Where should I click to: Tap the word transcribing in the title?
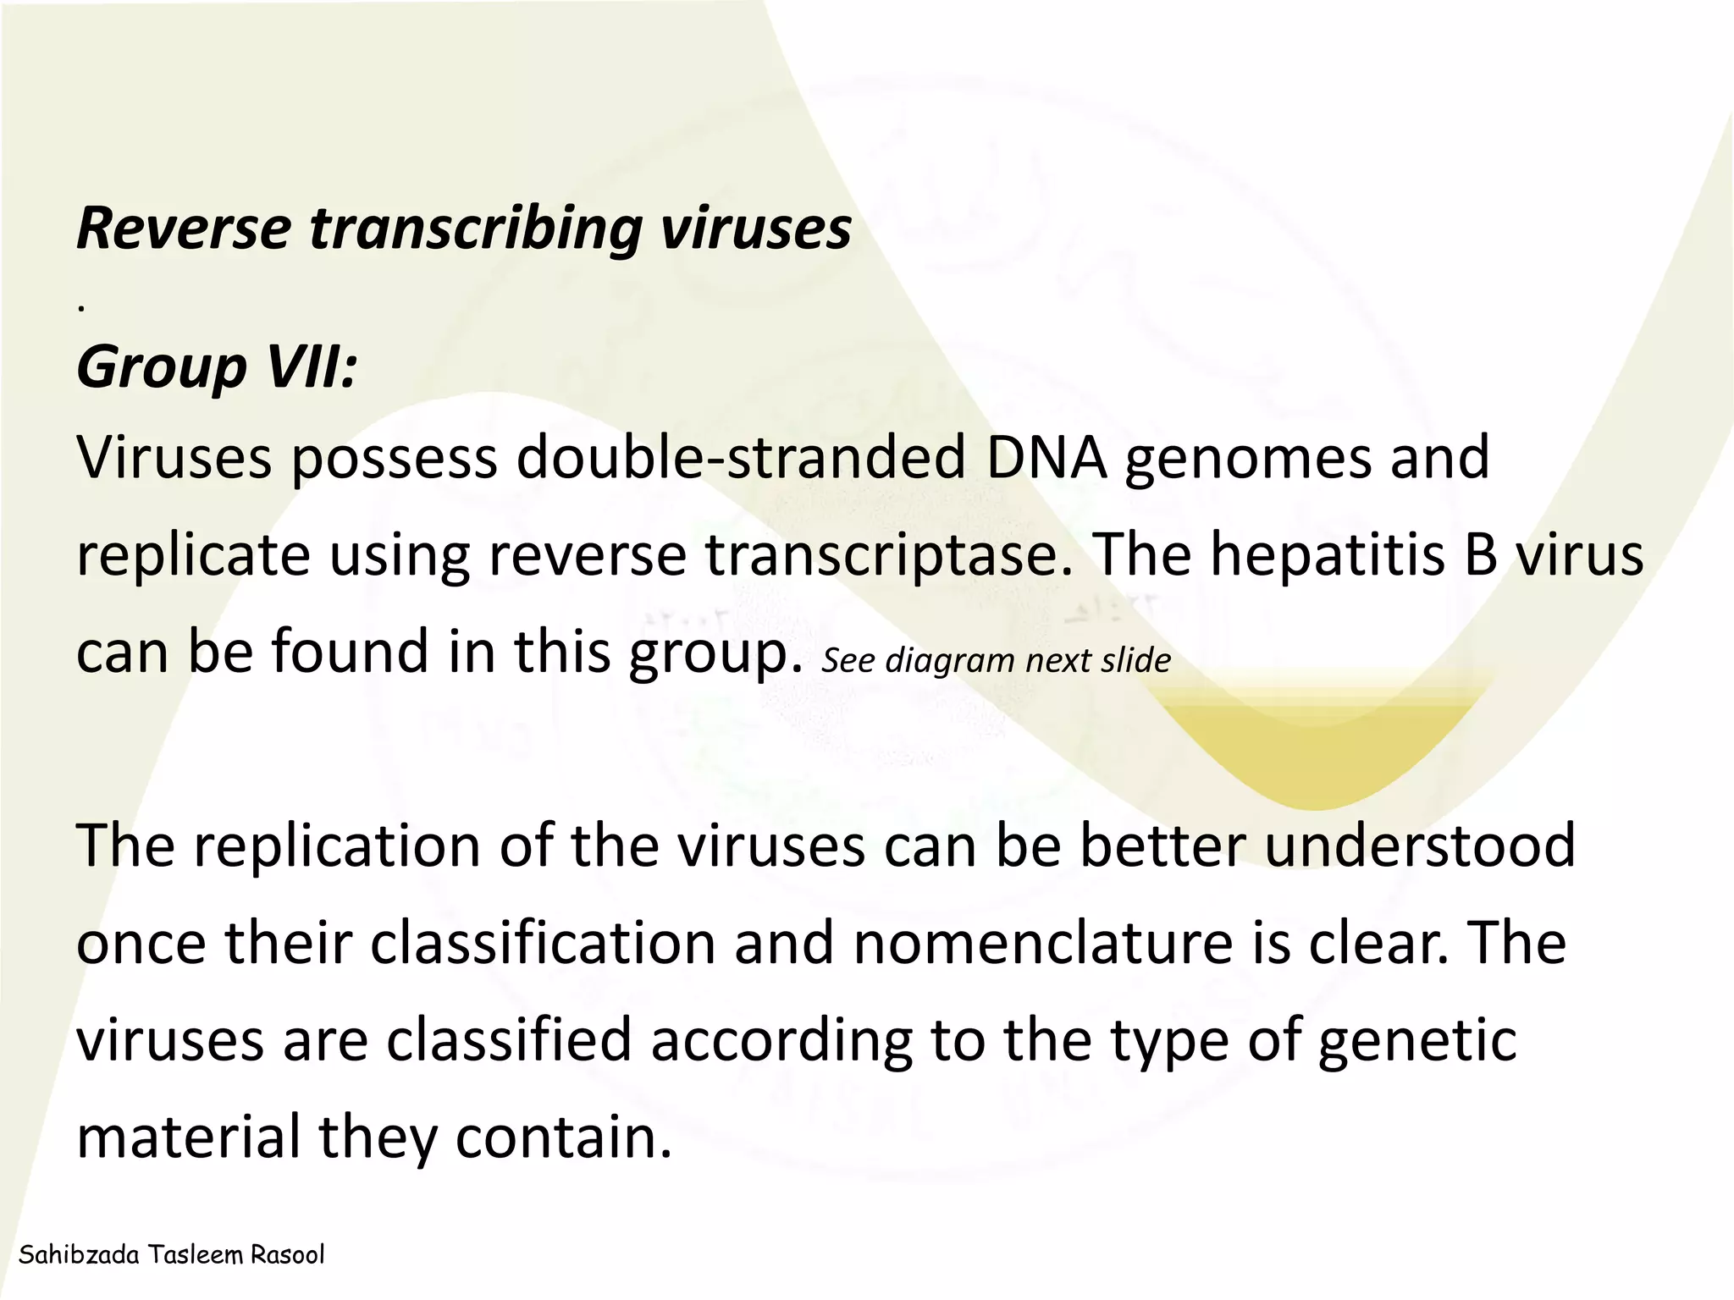click(477, 230)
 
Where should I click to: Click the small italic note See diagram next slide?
click(996, 661)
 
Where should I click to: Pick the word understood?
click(1420, 846)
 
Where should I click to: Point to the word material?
click(189, 1137)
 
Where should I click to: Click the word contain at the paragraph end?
click(563, 1137)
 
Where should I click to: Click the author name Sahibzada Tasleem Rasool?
click(171, 1254)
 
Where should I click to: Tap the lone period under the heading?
click(80, 310)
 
